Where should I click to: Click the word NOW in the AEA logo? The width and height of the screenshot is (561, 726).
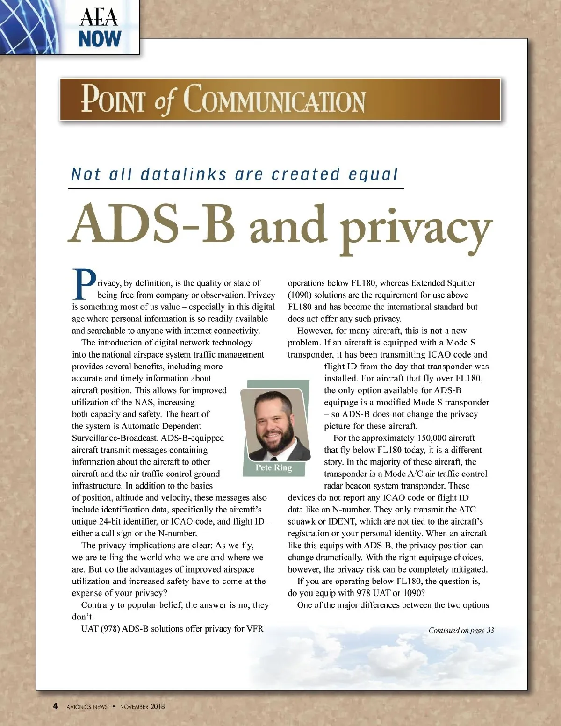(x=100, y=39)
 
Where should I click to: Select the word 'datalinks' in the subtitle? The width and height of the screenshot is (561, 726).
(x=184, y=174)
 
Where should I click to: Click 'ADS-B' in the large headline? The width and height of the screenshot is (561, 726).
(x=152, y=224)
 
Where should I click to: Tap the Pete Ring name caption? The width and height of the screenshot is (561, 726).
(x=273, y=467)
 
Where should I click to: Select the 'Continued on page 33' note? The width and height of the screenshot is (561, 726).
(x=461, y=630)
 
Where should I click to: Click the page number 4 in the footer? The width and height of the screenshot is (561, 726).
(x=55, y=706)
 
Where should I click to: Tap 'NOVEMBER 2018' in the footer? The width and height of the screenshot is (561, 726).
(x=142, y=707)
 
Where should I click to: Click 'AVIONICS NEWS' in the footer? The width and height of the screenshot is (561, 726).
(x=87, y=707)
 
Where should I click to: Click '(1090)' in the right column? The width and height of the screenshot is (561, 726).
(x=299, y=295)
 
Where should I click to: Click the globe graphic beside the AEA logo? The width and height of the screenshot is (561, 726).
(x=28, y=26)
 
